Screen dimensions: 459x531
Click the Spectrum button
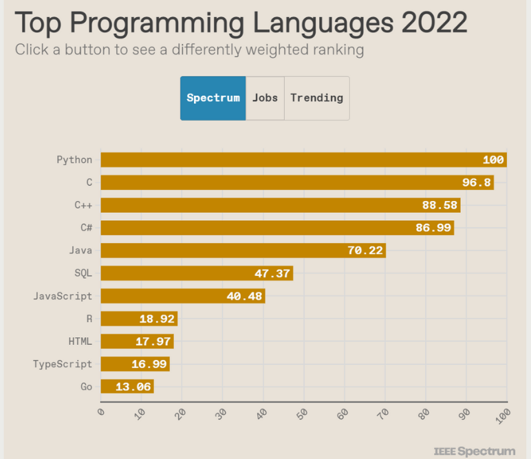point(213,98)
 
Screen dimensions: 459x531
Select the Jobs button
point(265,98)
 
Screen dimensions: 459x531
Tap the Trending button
point(316,98)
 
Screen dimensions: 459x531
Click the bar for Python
point(303,160)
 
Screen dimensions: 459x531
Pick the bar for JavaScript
point(182,296)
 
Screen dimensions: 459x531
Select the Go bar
point(127,387)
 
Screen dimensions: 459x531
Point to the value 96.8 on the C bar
point(475,182)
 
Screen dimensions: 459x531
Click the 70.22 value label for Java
point(365,250)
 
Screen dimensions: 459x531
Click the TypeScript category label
point(63,364)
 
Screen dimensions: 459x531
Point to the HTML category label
point(80,341)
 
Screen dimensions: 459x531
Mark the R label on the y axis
point(89,319)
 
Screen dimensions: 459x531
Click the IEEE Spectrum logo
point(474,451)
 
